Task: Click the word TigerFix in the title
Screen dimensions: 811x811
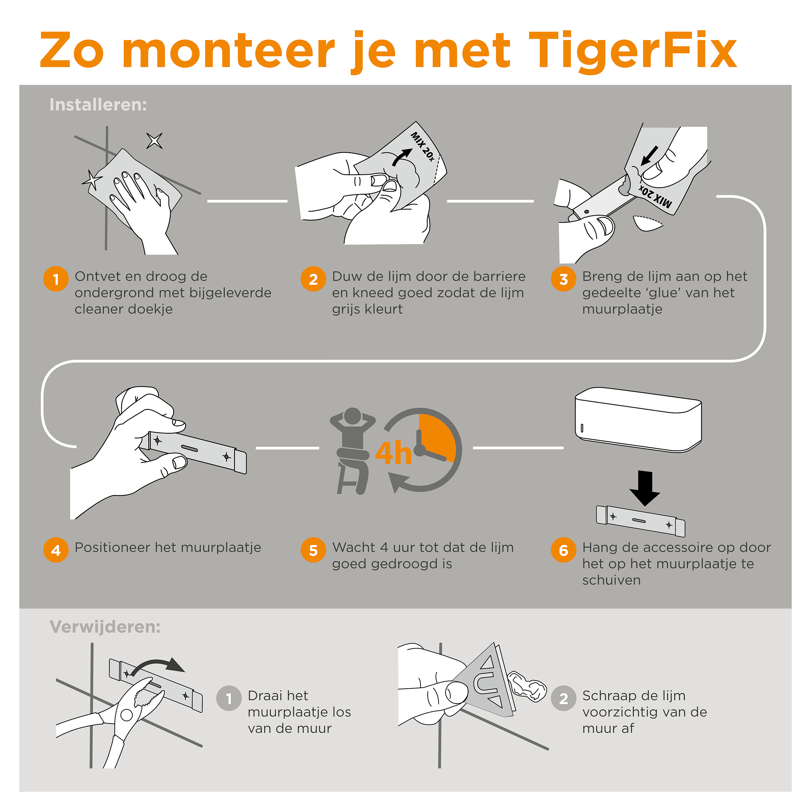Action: [x=632, y=51]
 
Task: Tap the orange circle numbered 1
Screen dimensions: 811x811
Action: [x=56, y=279]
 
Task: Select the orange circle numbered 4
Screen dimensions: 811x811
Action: [x=56, y=550]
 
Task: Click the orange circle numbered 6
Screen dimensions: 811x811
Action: [x=563, y=550]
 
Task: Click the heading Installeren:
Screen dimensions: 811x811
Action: [x=98, y=104]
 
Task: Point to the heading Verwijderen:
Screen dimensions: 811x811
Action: [x=105, y=627]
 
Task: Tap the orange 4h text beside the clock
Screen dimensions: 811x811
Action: [x=393, y=453]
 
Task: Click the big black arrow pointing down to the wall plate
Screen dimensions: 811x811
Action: [x=645, y=488]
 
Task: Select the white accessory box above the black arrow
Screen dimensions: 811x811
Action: [x=638, y=420]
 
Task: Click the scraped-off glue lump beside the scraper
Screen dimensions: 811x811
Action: [x=527, y=687]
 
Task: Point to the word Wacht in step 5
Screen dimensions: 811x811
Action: [x=354, y=548]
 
